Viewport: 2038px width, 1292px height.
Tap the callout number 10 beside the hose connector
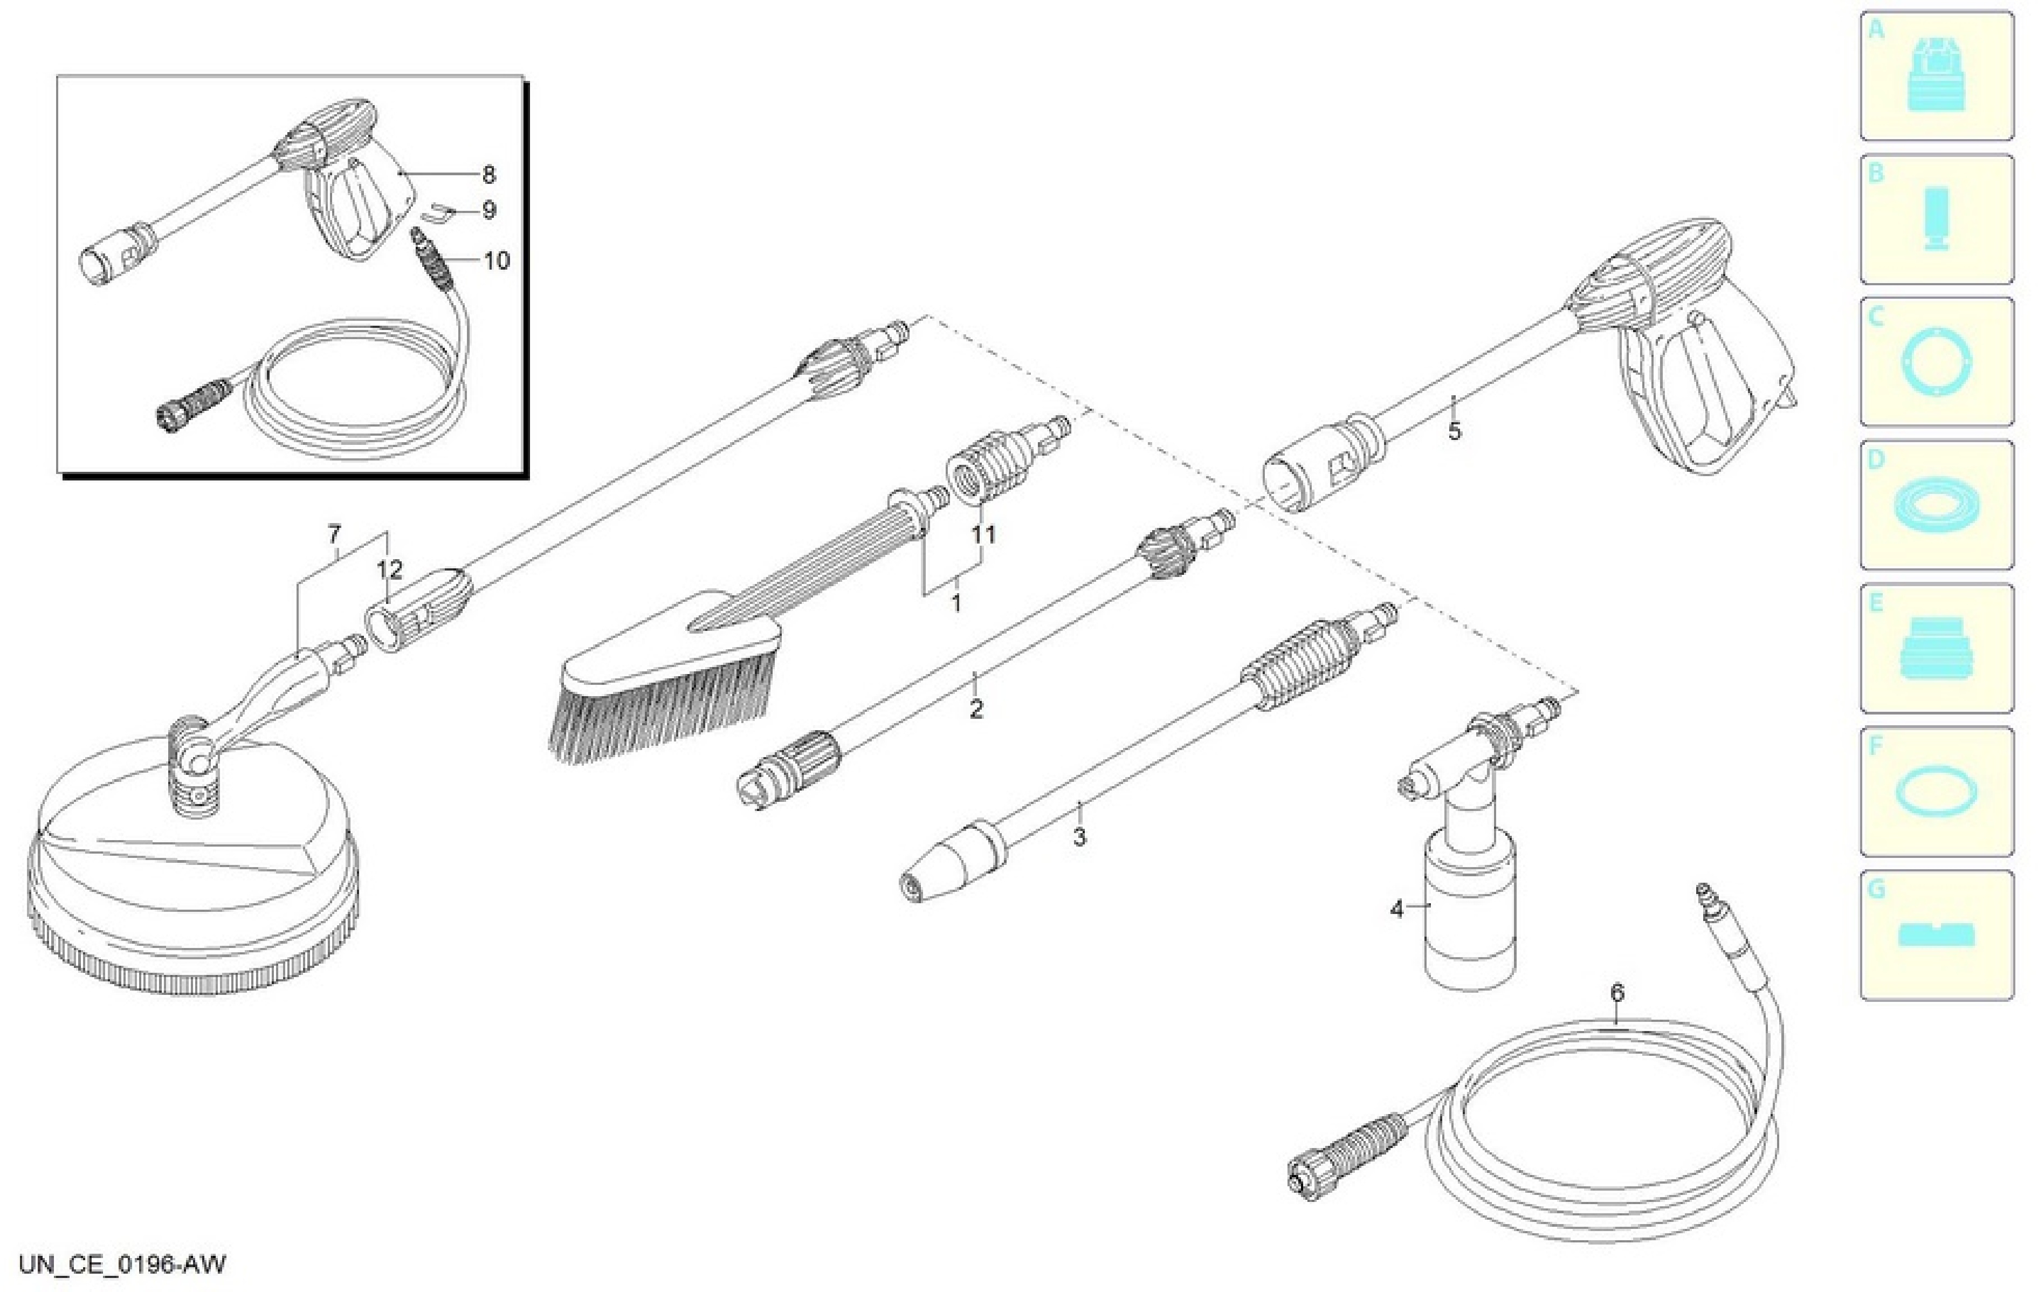point(497,261)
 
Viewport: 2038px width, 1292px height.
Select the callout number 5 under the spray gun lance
point(1454,431)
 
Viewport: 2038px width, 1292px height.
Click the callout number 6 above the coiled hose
point(1617,992)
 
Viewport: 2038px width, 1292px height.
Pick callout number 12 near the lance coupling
point(390,569)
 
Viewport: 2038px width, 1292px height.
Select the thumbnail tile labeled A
point(1937,75)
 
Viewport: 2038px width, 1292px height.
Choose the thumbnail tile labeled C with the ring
point(1937,361)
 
